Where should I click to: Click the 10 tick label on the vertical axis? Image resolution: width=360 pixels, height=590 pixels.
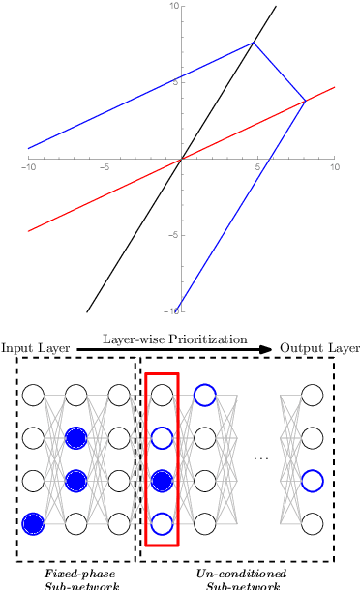(173, 7)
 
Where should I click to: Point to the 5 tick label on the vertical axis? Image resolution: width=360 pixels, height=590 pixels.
(176, 82)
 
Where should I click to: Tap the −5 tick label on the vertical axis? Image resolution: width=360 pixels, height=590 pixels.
(173, 235)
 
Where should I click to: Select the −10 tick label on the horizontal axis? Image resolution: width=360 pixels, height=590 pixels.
(27, 167)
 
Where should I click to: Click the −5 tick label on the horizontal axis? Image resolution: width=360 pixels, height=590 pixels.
(103, 167)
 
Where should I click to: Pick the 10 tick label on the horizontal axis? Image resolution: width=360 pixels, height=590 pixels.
(333, 167)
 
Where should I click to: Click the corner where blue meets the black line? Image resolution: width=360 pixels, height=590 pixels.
(254, 43)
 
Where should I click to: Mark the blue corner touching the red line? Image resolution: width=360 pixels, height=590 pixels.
(305, 100)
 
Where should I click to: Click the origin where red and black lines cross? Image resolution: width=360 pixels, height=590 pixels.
(181, 160)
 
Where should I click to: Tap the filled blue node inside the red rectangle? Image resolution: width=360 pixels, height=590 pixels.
(163, 481)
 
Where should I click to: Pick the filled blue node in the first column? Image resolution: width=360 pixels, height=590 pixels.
(34, 524)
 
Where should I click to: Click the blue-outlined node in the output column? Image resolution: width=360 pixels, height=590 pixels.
(311, 481)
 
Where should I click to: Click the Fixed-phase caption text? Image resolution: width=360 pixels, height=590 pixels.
(75, 574)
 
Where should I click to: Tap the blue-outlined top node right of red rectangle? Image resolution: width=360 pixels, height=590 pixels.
(204, 395)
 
